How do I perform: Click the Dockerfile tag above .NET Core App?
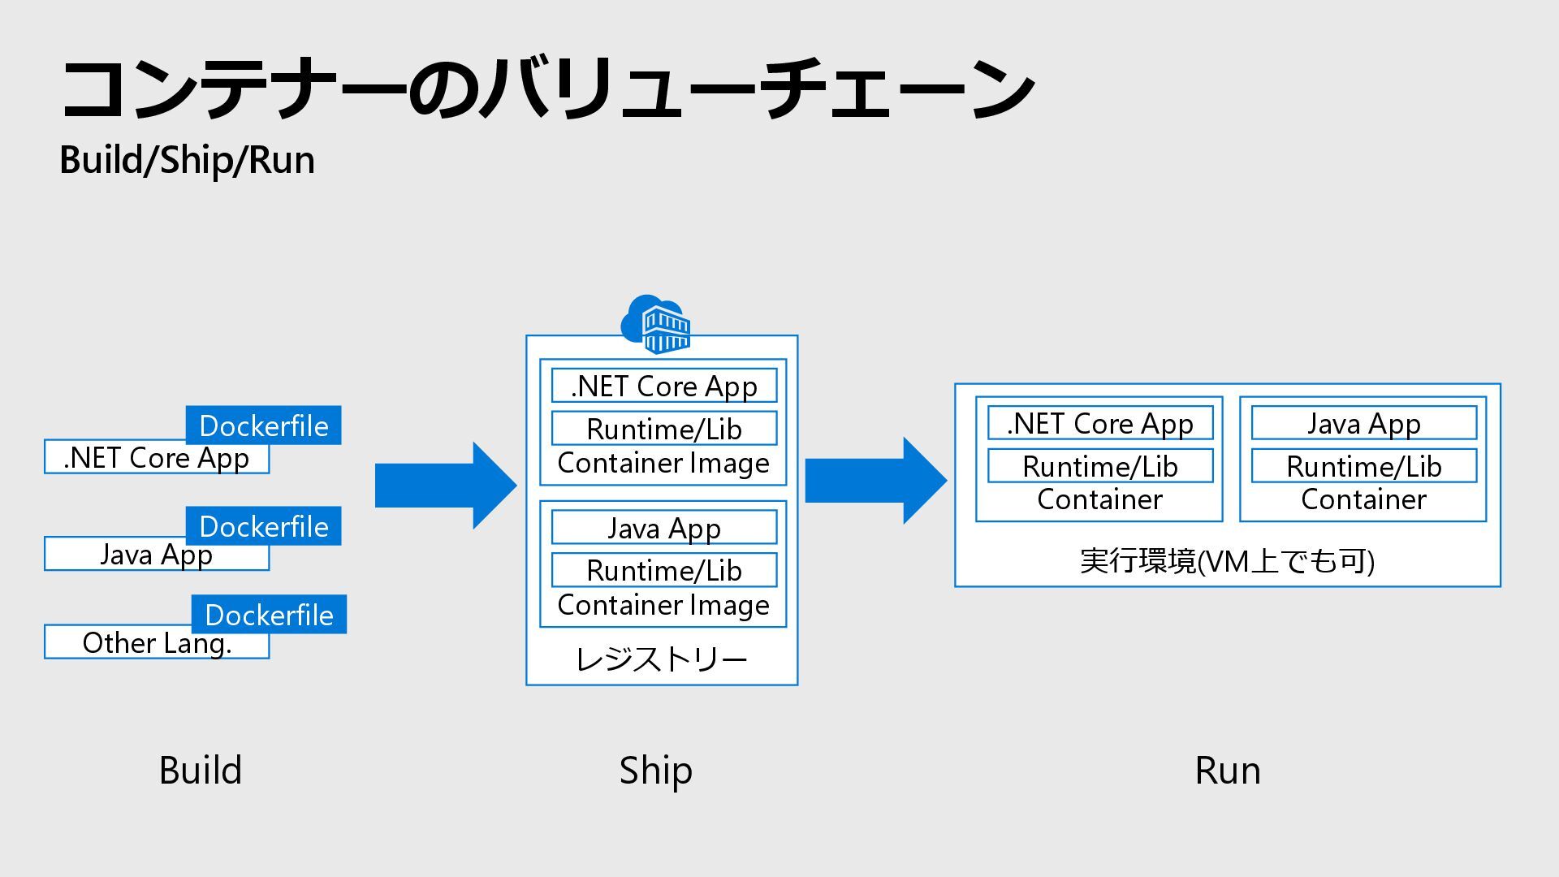(x=263, y=426)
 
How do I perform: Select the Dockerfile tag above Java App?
(x=263, y=526)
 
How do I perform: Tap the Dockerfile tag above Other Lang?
(x=269, y=615)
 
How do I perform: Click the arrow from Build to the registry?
(x=446, y=486)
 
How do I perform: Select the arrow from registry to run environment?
(x=876, y=480)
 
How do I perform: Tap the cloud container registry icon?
(x=656, y=325)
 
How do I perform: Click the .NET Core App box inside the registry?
(x=664, y=386)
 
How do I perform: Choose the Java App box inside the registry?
(x=664, y=528)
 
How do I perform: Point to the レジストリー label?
(x=661, y=659)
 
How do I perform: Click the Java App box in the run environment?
(x=1364, y=423)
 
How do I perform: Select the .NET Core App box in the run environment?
(x=1100, y=423)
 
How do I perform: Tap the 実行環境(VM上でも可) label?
(x=1227, y=561)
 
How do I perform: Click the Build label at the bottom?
(x=201, y=770)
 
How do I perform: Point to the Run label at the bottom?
(x=1228, y=771)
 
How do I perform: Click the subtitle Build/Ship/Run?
(x=188, y=160)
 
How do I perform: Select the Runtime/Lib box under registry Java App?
(x=664, y=570)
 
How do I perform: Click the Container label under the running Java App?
(x=1363, y=499)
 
